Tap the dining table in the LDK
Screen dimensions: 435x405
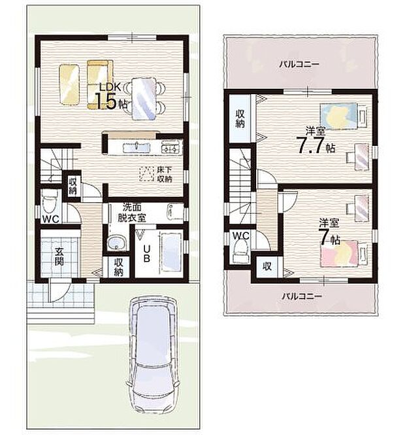(144, 98)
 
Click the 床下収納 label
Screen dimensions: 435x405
(164, 174)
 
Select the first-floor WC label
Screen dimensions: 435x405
(52, 218)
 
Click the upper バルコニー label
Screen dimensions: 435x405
(298, 65)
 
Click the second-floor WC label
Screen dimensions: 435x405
(240, 235)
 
